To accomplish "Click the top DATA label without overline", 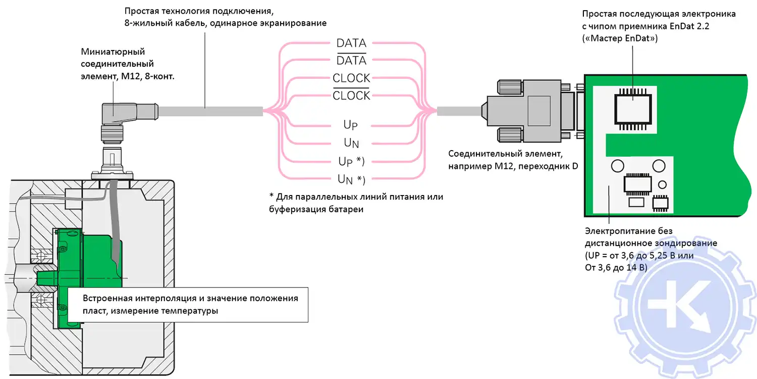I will point(351,43).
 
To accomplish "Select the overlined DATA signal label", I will point(351,61).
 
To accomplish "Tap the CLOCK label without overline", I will point(351,78).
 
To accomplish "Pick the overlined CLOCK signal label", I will point(351,96).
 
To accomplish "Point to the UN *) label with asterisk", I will point(351,179).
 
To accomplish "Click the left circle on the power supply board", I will point(617,166).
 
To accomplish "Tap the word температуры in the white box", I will point(190,311).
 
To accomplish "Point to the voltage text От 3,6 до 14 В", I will point(616,267).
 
